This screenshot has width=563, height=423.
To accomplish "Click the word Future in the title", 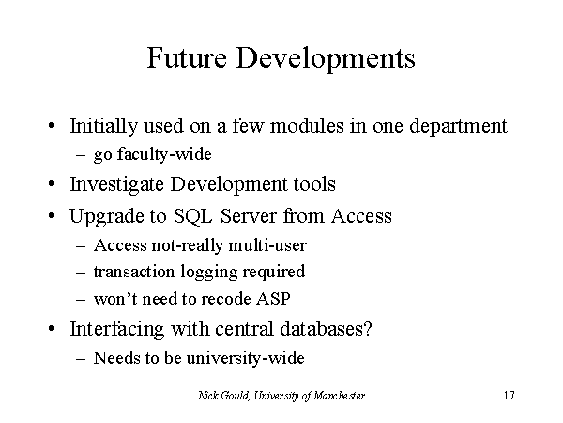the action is (x=187, y=57).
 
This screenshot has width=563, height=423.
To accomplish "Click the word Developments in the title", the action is (x=326, y=59).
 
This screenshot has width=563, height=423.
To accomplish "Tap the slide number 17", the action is (x=510, y=396).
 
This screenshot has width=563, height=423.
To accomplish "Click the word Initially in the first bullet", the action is (x=104, y=127).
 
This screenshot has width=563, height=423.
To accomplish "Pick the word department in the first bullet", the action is (x=459, y=127).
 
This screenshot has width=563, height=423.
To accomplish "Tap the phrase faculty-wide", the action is (x=164, y=155).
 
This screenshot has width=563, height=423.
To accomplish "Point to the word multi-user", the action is (x=267, y=245).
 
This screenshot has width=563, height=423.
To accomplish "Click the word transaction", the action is (x=134, y=272).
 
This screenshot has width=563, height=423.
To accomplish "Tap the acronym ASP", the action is (x=273, y=299).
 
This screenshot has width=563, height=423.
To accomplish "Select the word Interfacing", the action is (x=116, y=330).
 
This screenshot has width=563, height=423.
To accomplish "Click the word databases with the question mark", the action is (x=326, y=329).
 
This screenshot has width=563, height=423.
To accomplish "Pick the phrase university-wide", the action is (x=246, y=358).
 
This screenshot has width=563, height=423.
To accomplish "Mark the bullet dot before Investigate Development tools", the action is (x=52, y=184).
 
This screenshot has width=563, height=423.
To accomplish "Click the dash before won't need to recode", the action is (x=81, y=300).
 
